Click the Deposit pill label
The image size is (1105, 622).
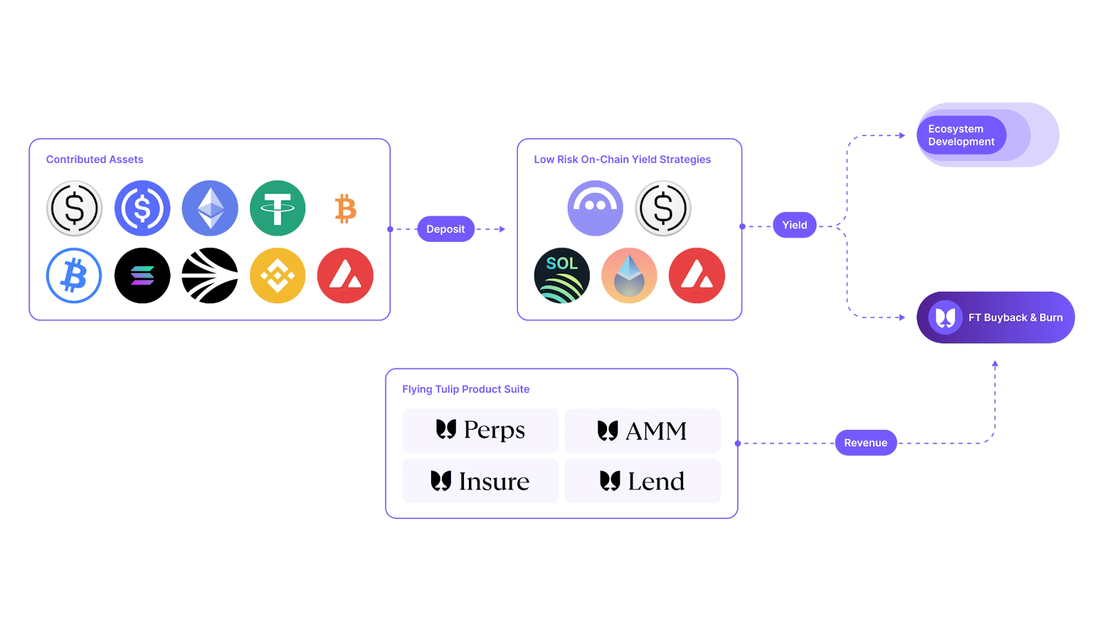pos(445,229)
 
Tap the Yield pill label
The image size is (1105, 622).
pos(794,225)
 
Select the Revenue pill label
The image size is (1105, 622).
pos(865,443)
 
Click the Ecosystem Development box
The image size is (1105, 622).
pos(988,135)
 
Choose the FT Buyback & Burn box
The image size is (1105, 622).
pos(995,317)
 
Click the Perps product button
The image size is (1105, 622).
pos(481,431)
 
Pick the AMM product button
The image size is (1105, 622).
pos(642,431)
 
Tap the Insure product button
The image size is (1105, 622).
pos(481,481)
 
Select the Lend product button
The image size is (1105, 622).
pos(642,481)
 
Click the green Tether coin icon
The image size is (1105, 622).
pos(278,208)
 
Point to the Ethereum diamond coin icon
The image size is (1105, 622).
pos(210,208)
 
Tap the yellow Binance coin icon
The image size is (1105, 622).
pos(278,276)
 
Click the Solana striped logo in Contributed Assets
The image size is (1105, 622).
pos(142,276)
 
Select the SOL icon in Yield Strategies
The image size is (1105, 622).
pos(562,276)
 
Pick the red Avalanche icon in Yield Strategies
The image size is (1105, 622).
pos(697,276)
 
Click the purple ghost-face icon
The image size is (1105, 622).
pos(595,208)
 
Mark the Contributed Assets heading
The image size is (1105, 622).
pos(95,160)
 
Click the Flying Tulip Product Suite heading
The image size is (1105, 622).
pos(465,390)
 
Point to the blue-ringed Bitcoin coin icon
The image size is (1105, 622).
pos(74,276)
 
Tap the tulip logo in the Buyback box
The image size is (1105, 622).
pos(945,317)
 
